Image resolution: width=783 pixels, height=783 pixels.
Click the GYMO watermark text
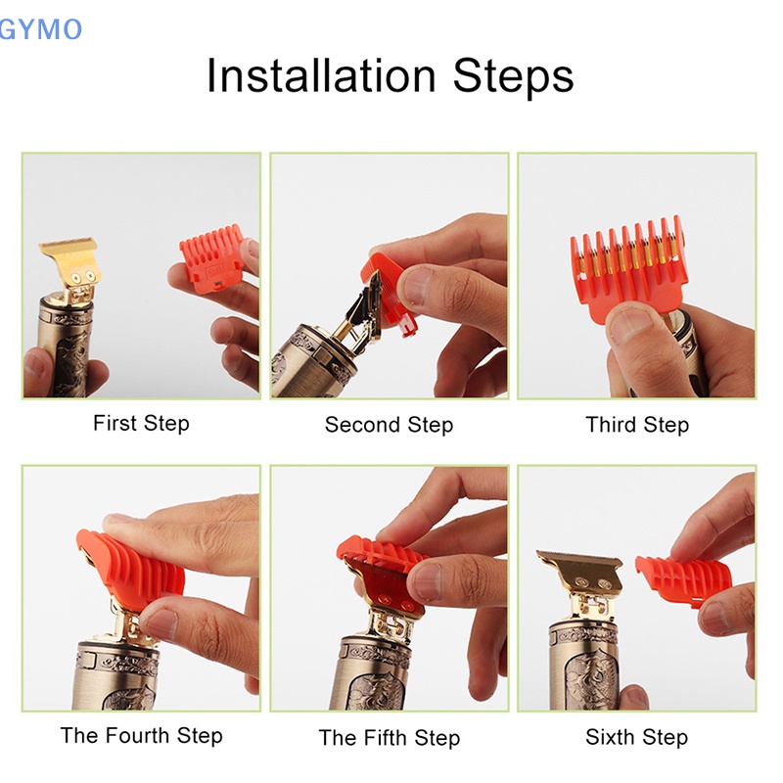[x=40, y=29]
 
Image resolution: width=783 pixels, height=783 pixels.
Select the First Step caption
[x=141, y=424]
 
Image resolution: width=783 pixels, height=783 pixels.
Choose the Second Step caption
[x=389, y=425]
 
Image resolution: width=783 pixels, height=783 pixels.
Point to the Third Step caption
[x=637, y=425]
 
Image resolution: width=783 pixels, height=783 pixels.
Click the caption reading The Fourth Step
[x=141, y=735]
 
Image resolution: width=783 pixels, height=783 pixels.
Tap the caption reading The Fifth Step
[x=389, y=737]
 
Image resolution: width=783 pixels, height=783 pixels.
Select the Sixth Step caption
[x=636, y=737]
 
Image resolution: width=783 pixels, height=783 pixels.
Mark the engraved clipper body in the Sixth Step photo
[x=585, y=666]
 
